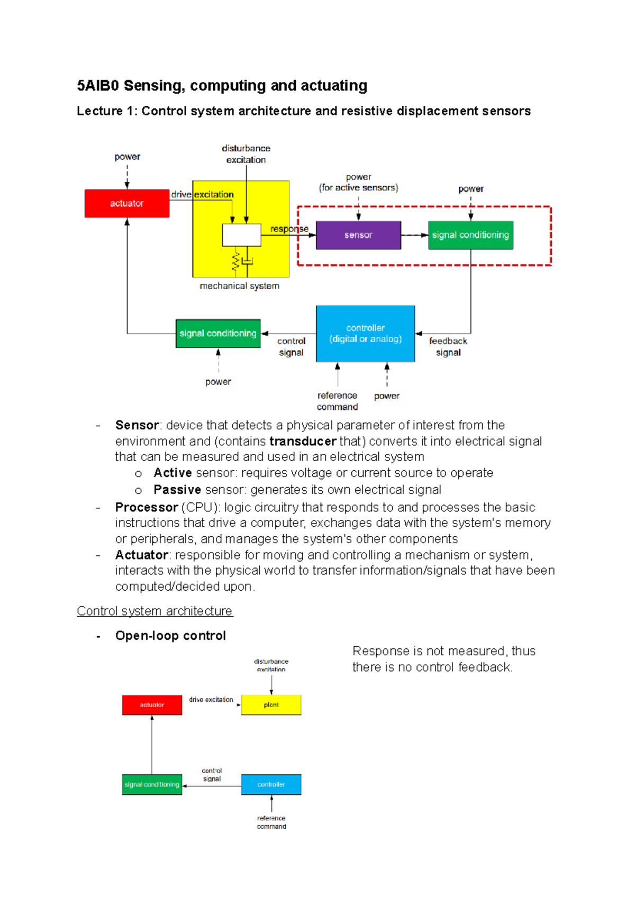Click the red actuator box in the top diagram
coord(126,204)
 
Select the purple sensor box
coord(358,235)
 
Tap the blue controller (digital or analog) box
coord(365,334)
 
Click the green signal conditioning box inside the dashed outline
coord(470,235)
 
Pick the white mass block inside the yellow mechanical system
coord(241,235)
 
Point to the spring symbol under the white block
coord(235,261)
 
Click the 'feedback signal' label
coord(448,347)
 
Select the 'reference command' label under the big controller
coord(337,401)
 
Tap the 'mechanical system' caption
coord(239,286)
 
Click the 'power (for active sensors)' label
coord(358,182)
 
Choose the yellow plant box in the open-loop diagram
coord(271,705)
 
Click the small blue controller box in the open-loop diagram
coord(271,784)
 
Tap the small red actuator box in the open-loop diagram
coord(152,705)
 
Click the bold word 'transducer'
coord(303,441)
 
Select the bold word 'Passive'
coord(177,490)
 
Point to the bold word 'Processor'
coord(147,507)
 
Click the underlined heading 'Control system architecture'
coord(155,611)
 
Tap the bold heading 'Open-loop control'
coord(170,636)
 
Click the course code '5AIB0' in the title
coord(98,86)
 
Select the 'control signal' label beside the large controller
coord(291,347)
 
